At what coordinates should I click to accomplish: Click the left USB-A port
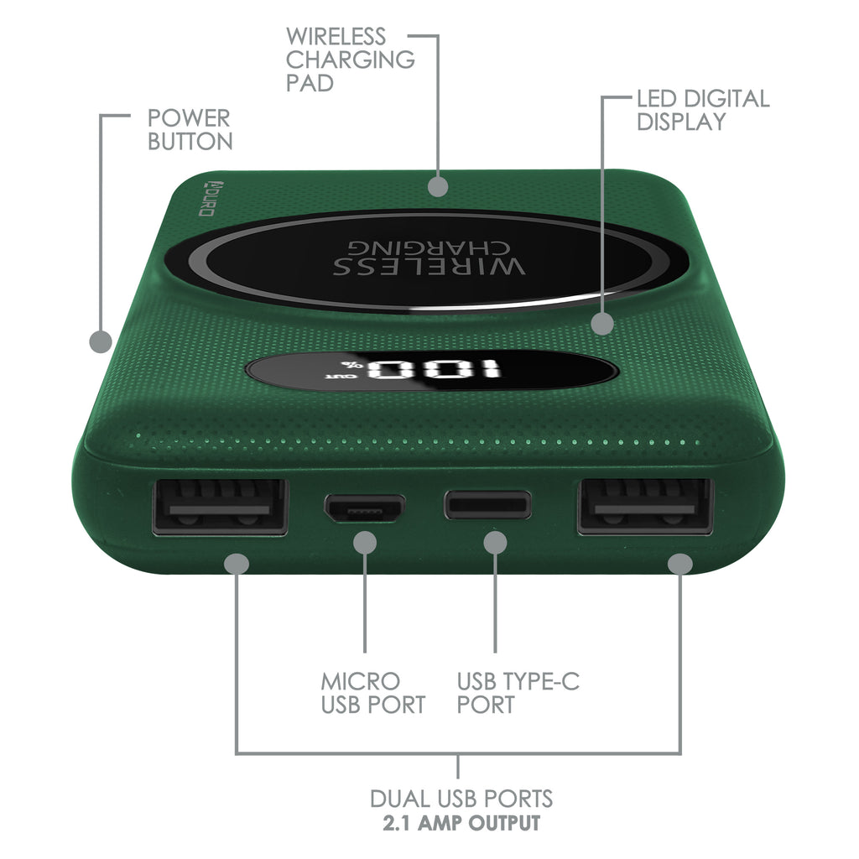(x=221, y=507)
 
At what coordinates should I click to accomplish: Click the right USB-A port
(x=645, y=507)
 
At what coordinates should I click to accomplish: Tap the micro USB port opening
(x=365, y=508)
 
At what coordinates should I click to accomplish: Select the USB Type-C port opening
(x=487, y=504)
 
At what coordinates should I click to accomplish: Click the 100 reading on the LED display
(x=434, y=370)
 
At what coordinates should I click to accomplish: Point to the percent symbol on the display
(x=348, y=364)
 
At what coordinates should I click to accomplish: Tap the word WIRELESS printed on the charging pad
(x=429, y=266)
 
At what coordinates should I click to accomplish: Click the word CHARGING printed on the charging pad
(x=429, y=247)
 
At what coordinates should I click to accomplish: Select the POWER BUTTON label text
(x=190, y=130)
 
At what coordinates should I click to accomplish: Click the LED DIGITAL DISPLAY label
(x=703, y=110)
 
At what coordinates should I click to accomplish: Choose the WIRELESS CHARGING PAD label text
(x=350, y=60)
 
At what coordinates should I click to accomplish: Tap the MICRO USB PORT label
(x=373, y=693)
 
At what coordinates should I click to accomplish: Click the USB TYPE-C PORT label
(x=518, y=693)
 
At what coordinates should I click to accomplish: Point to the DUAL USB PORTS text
(x=461, y=799)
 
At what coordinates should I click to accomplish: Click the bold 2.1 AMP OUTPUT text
(x=461, y=823)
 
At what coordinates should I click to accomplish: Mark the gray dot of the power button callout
(x=101, y=342)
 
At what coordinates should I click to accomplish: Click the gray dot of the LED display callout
(x=602, y=324)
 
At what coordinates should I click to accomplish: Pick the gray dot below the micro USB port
(x=365, y=543)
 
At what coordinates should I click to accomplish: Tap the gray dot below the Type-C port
(x=495, y=543)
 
